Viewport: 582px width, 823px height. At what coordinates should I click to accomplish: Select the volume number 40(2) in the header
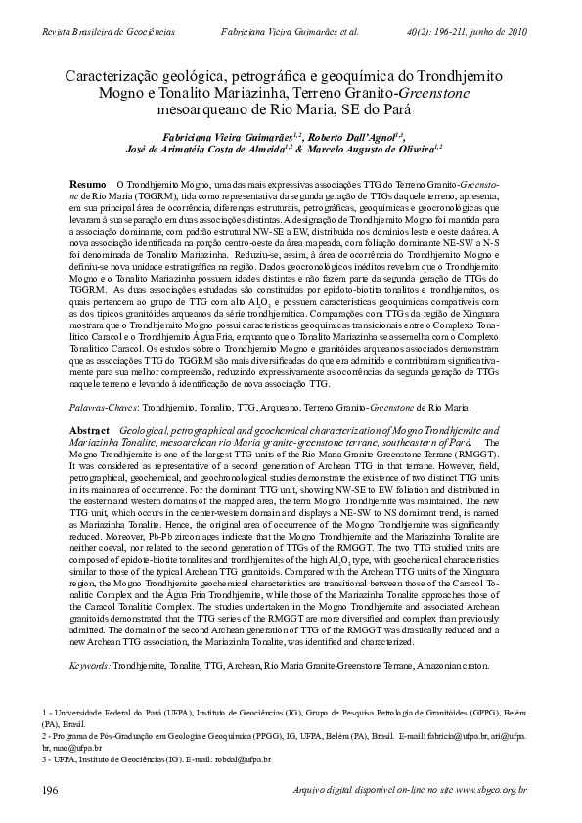point(417,31)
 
